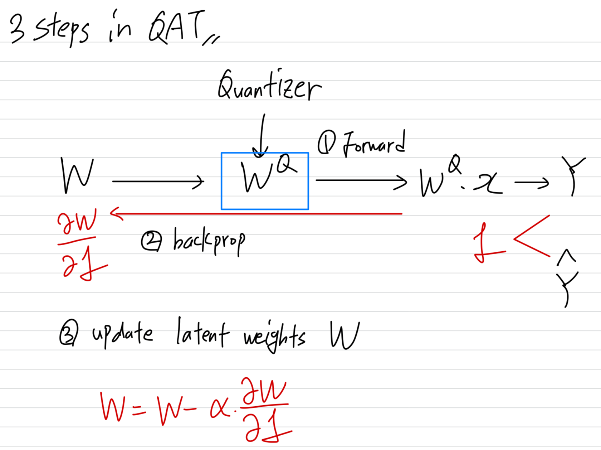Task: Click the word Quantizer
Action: pos(269,86)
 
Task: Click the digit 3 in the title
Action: pos(17,29)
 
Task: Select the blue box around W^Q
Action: pos(265,154)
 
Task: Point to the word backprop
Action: pos(209,241)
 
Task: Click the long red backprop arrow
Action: pos(258,214)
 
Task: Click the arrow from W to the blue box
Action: pos(157,182)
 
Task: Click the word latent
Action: pos(202,334)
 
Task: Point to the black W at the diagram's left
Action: pos(77,175)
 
